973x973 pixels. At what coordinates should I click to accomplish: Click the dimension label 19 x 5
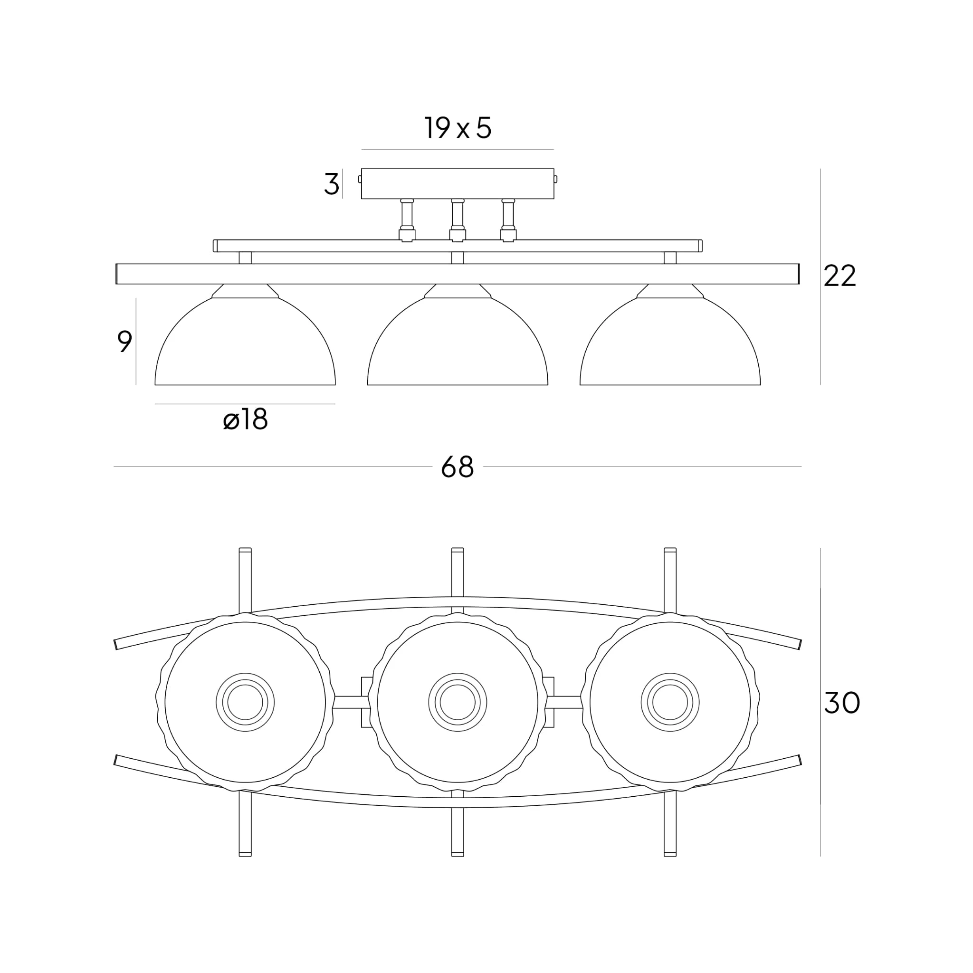tap(458, 128)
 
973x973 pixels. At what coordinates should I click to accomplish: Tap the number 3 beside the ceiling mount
tap(331, 184)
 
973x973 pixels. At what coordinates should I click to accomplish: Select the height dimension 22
tap(839, 276)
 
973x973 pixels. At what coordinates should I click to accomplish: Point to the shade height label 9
tap(124, 342)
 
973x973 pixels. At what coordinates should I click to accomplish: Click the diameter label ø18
tap(245, 420)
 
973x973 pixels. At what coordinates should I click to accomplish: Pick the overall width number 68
tap(458, 467)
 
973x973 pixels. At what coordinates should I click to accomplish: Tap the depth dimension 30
tap(841, 703)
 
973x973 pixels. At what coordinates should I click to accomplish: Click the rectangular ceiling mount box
tap(458, 184)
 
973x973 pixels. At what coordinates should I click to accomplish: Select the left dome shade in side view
tap(245, 347)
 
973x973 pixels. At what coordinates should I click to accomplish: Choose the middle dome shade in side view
tap(458, 347)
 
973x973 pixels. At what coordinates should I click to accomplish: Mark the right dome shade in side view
tap(670, 347)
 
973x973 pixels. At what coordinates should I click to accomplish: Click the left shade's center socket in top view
tap(245, 702)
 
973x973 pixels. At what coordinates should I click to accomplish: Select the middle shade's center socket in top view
tap(458, 702)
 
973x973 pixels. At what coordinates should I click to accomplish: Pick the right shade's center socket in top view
tap(670, 702)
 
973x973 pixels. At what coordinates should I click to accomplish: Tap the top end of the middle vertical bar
tap(458, 551)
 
